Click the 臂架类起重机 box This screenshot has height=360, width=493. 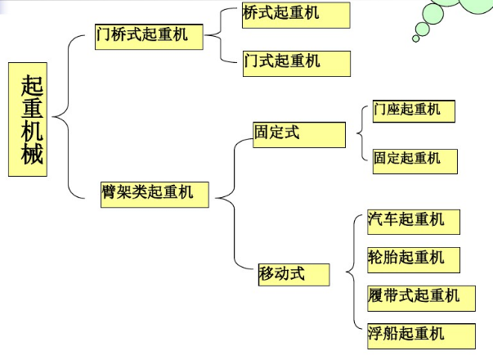click(x=153, y=193)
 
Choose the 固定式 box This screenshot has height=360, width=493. click(x=298, y=134)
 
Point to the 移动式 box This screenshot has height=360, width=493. click(x=293, y=274)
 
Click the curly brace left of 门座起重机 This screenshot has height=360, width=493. click(x=361, y=134)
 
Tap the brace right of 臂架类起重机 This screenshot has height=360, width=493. click(x=229, y=196)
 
